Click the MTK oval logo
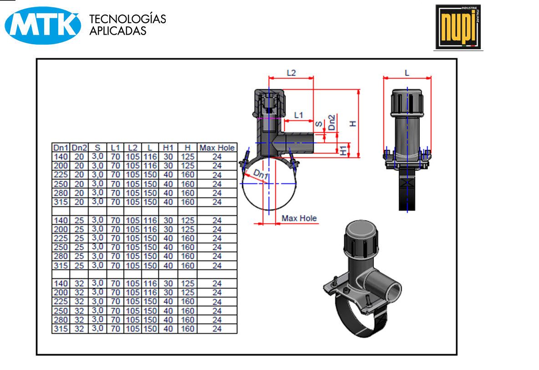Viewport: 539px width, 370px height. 43,26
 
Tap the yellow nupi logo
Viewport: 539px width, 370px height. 458,27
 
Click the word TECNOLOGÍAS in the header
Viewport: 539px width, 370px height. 127,19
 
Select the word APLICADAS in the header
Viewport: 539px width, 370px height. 118,31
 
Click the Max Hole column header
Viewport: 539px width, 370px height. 217,148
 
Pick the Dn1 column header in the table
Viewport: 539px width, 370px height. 61,148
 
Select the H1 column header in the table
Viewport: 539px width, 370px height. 168,148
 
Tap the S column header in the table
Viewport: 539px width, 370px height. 97,148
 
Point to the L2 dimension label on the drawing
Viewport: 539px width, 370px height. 291,72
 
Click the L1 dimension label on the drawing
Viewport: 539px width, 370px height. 299,115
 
